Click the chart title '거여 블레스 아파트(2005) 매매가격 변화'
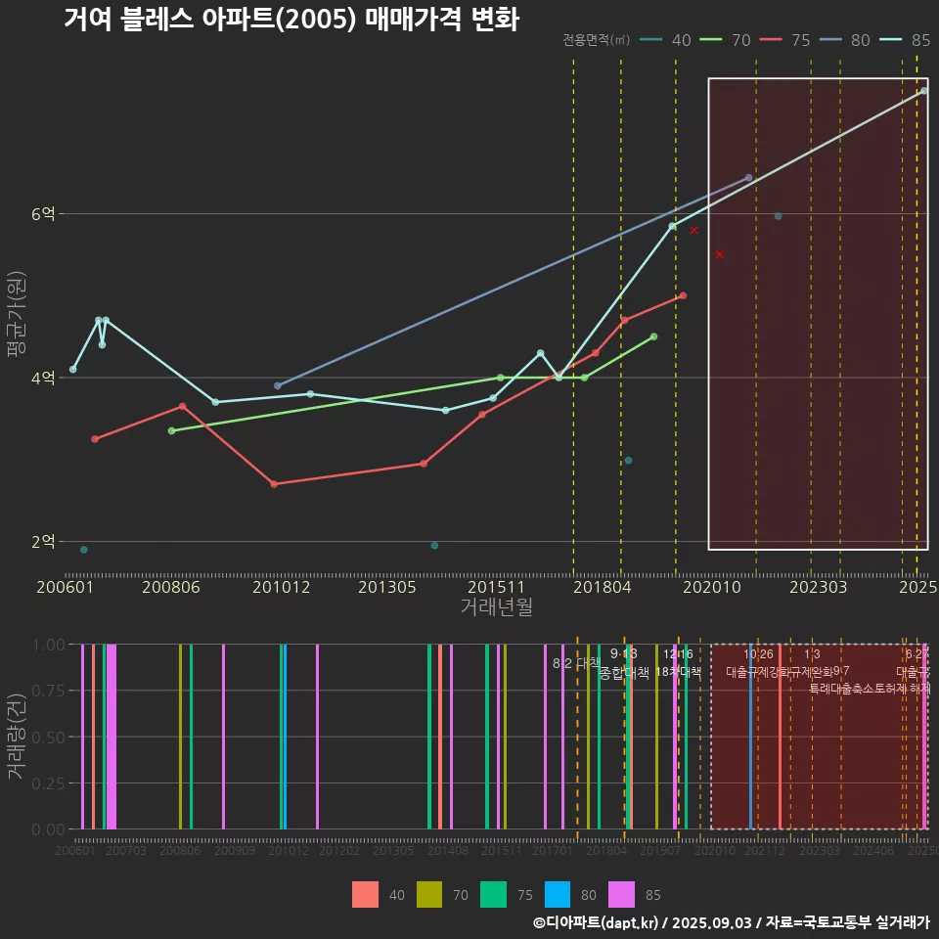[x=291, y=19]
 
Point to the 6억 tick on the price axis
[x=44, y=214]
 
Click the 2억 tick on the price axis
[x=44, y=542]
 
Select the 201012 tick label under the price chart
[x=281, y=588]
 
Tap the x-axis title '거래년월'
[x=496, y=607]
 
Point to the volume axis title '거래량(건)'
[x=16, y=737]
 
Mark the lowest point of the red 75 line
[x=274, y=484]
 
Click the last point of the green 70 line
[x=653, y=336]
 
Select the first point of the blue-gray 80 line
[x=278, y=385]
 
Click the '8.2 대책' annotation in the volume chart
[x=576, y=663]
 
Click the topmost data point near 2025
[x=923, y=91]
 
